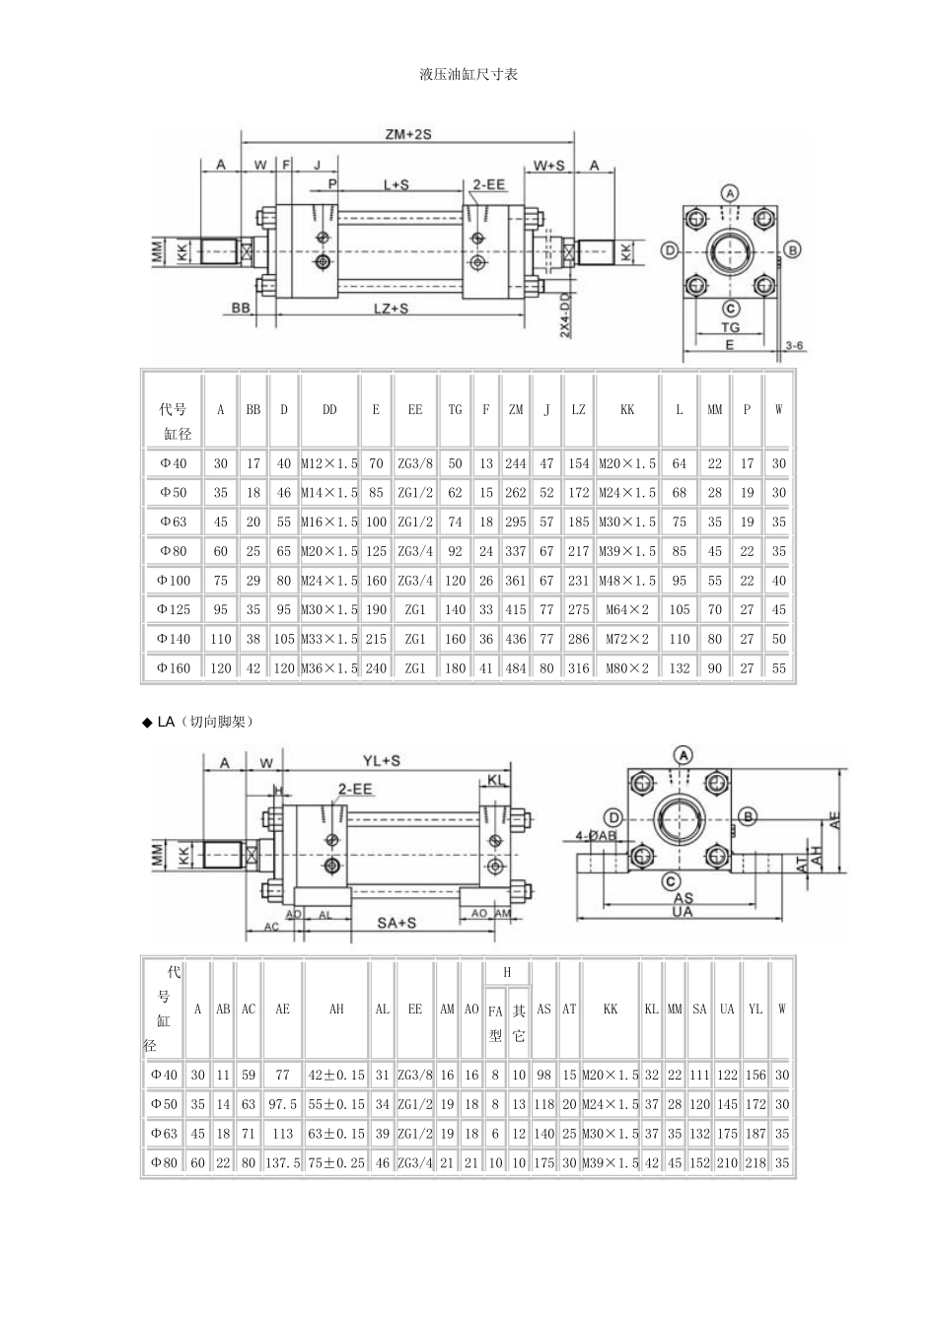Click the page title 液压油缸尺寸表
[x=468, y=74]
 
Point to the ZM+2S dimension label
[x=408, y=134]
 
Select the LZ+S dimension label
[x=392, y=309]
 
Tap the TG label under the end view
[x=730, y=326]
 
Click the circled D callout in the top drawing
[x=669, y=250]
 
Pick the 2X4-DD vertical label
[x=565, y=314]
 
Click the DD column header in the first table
[x=329, y=409]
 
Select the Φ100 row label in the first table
[x=174, y=581]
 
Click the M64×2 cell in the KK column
[x=627, y=609]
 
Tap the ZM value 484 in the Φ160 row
[x=516, y=667]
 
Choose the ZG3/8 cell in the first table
[x=415, y=463]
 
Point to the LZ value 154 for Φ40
[x=578, y=463]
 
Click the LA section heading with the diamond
[x=198, y=722]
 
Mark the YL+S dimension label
[x=382, y=761]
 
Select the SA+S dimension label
[x=396, y=922]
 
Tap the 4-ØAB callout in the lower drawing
[x=596, y=835]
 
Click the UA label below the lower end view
[x=682, y=912]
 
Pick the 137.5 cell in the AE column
[x=282, y=1162]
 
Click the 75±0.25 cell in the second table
[x=336, y=1162]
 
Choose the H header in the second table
[x=507, y=972]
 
